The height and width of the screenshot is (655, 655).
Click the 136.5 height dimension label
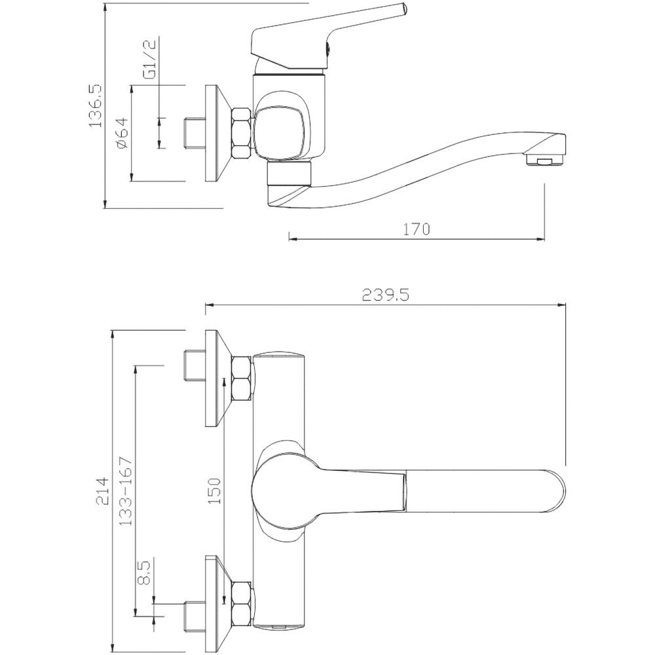(95, 105)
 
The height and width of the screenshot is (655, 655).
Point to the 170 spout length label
(416, 229)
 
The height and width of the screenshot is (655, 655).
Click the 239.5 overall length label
(385, 295)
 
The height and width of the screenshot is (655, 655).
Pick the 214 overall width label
(103, 491)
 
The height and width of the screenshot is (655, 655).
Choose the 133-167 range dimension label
(126, 491)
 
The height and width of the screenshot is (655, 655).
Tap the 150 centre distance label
(215, 491)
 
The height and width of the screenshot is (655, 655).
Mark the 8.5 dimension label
(143, 573)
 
